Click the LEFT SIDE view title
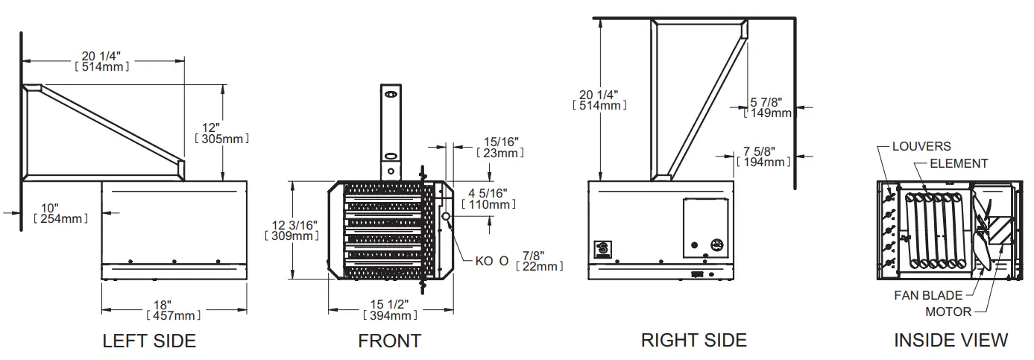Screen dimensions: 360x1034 (149, 341)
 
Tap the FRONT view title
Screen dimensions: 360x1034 (389, 341)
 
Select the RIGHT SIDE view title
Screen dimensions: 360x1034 (693, 340)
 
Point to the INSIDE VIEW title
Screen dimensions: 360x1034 (951, 340)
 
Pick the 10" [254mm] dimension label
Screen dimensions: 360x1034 (60, 212)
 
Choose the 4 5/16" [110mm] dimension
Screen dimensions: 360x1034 (488, 198)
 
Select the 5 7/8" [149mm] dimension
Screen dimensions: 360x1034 (768, 107)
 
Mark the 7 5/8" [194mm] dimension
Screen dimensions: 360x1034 (763, 156)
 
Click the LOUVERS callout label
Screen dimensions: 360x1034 (921, 147)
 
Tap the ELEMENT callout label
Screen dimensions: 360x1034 (959, 163)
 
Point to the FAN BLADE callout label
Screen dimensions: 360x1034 (928, 296)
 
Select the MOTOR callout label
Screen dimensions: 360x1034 (948, 312)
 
